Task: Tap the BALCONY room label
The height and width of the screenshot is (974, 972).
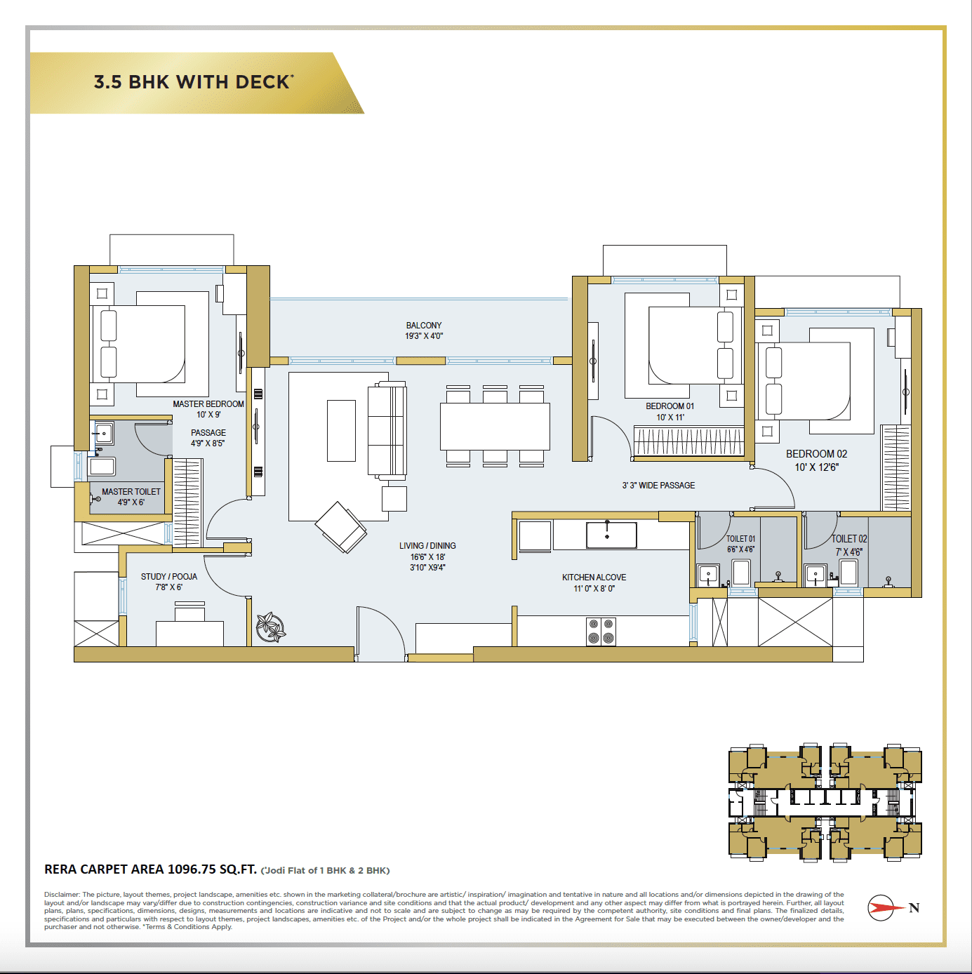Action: (424, 326)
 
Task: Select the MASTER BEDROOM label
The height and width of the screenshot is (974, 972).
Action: (208, 404)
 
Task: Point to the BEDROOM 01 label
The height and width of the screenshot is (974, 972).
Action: (670, 406)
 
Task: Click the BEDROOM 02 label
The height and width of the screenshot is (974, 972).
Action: (816, 454)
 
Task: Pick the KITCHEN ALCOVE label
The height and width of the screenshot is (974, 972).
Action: (594, 578)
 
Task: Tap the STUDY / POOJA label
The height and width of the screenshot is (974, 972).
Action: (169, 577)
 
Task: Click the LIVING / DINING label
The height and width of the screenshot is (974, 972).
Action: (427, 546)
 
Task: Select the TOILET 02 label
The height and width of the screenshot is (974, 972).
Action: (849, 539)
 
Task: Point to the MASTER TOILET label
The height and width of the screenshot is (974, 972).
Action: (131, 492)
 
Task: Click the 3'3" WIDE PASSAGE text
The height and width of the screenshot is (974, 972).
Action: (658, 486)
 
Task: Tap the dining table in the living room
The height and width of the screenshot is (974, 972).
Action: (495, 426)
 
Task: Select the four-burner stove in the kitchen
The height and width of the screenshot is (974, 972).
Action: (601, 631)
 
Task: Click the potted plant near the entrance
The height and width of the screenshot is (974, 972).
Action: (270, 627)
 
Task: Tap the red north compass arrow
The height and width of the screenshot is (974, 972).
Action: (884, 907)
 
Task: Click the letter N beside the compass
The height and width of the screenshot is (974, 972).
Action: (914, 908)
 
